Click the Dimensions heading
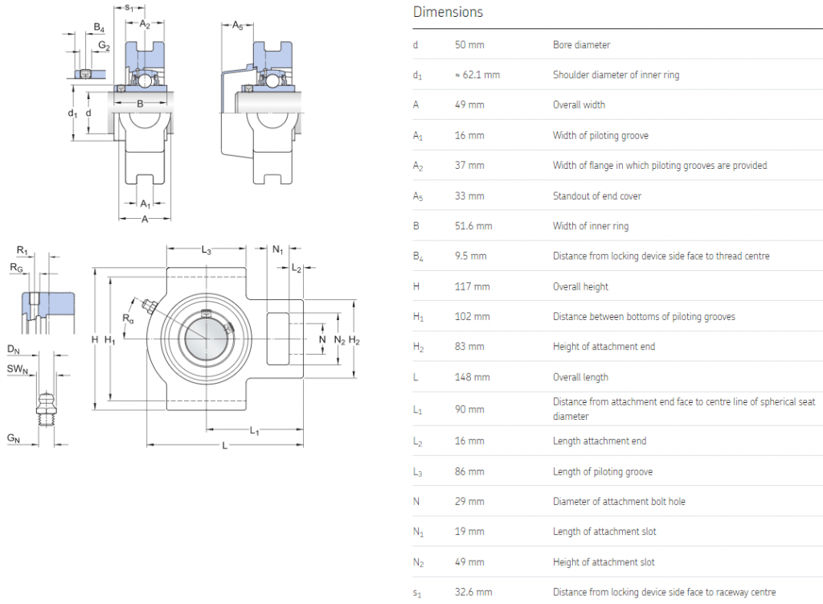coord(448,12)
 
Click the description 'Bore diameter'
coord(581,45)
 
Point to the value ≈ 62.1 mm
coord(477,75)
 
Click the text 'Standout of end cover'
coord(596,196)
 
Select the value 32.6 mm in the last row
coord(473,592)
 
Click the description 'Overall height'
coord(580,286)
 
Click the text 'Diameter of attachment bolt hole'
coord(619,502)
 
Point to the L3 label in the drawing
coord(207,252)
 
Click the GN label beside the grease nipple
coord(14,438)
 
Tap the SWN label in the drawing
coord(18,370)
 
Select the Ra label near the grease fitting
coord(128,318)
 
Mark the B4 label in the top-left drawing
coord(98,27)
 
